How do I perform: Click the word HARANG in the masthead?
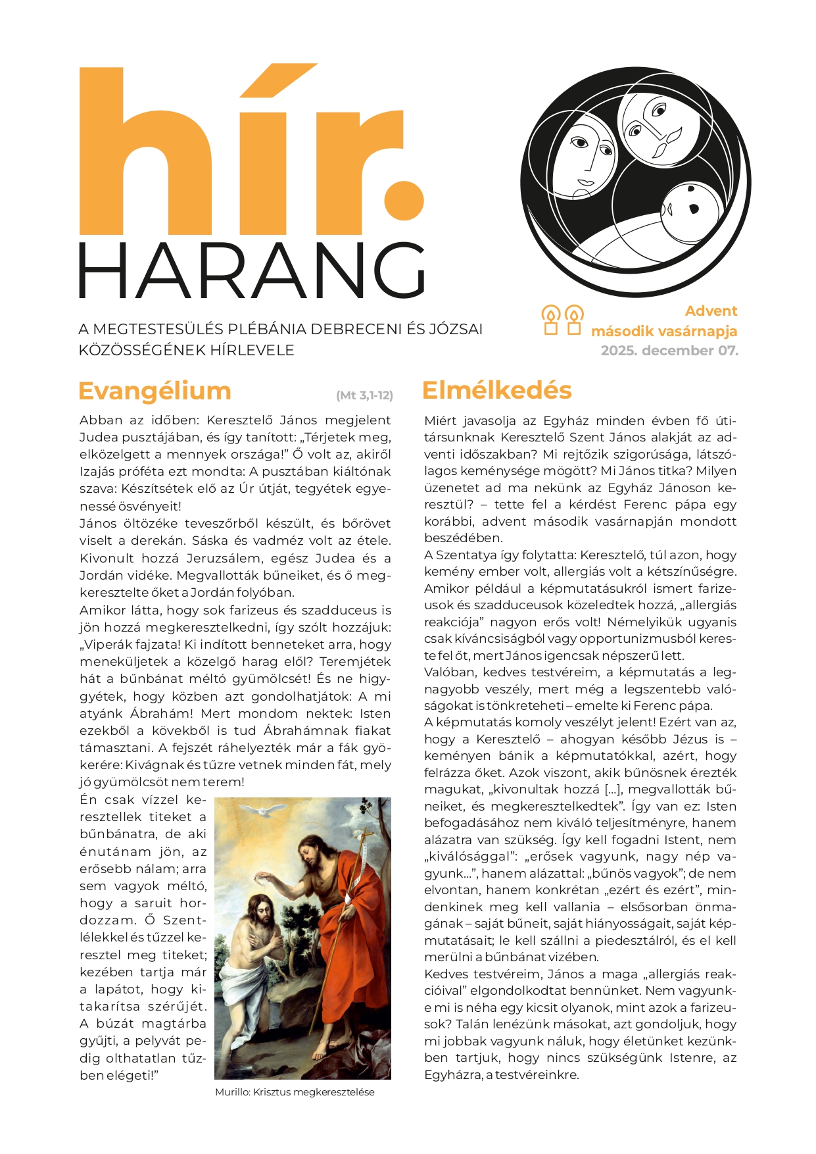click(252, 270)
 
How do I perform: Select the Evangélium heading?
click(155, 391)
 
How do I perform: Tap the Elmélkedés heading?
click(496, 390)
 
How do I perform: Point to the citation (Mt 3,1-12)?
click(364, 395)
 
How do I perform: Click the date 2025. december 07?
click(669, 351)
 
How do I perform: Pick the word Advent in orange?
click(711, 311)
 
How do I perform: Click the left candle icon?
click(550, 320)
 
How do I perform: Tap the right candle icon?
click(574, 320)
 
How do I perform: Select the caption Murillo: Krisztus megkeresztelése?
click(295, 1092)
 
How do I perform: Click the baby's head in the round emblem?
click(690, 213)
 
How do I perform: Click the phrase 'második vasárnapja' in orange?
click(663, 331)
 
